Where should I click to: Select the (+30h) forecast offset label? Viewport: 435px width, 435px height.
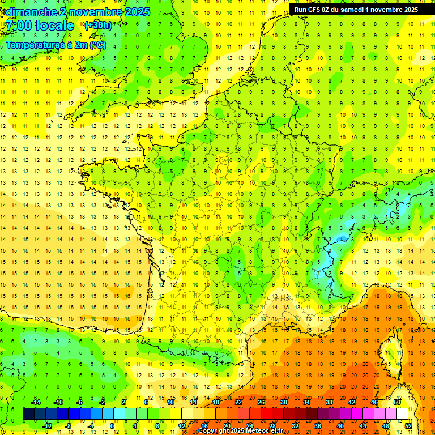tap(97, 25)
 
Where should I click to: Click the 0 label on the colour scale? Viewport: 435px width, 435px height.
tap(112, 426)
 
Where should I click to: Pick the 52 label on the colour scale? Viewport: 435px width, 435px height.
tap(408, 426)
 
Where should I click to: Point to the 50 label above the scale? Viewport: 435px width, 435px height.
tap(397, 402)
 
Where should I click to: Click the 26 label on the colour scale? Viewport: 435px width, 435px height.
tap(261, 402)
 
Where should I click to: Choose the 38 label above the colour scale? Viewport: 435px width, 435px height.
tap(329, 402)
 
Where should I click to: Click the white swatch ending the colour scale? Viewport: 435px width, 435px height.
tap(403, 414)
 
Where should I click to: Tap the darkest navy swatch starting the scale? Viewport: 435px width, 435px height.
tap(28, 414)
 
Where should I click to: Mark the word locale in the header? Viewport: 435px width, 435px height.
tap(54, 25)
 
